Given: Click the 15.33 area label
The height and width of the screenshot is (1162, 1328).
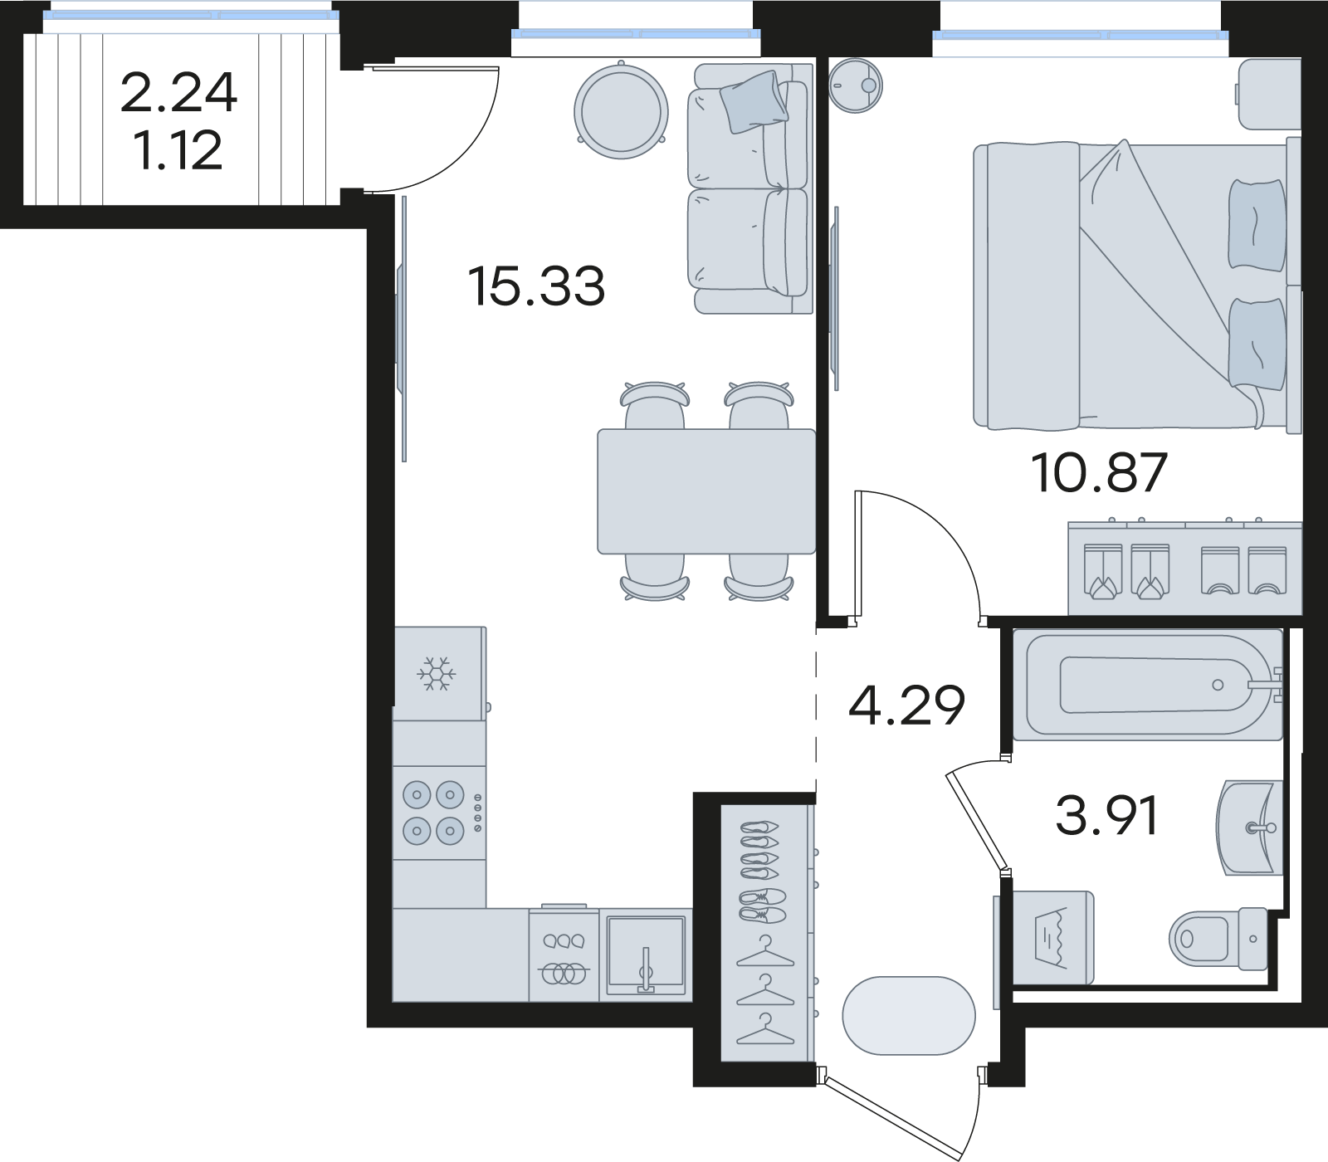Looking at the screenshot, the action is [536, 286].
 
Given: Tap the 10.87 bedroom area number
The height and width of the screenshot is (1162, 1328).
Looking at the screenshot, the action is [1099, 473].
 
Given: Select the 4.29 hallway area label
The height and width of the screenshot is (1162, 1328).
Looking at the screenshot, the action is [906, 705].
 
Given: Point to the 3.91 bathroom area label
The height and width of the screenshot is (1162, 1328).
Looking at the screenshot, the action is [1106, 816].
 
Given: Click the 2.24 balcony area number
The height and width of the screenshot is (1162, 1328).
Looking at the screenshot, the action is [178, 93].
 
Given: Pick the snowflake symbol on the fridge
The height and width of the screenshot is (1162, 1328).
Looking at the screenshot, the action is [437, 673].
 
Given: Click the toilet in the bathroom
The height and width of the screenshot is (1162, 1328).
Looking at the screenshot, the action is [1218, 939].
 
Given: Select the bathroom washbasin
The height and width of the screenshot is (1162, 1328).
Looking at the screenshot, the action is [1250, 828].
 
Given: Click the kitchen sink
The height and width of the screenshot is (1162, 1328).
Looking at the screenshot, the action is [646, 954].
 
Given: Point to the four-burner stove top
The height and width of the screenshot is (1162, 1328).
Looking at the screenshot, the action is [439, 813].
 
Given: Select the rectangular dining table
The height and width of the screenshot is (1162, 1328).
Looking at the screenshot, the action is [706, 491].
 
